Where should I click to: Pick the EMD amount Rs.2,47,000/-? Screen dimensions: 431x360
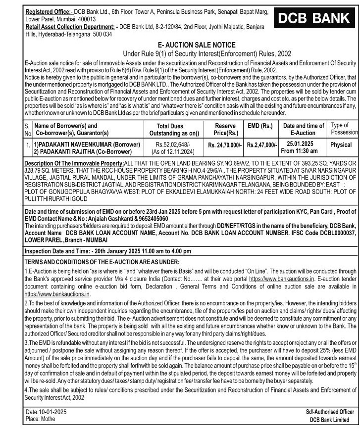261,145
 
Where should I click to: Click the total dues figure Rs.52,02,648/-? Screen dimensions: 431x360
170,143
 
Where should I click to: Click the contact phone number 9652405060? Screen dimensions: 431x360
148,218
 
